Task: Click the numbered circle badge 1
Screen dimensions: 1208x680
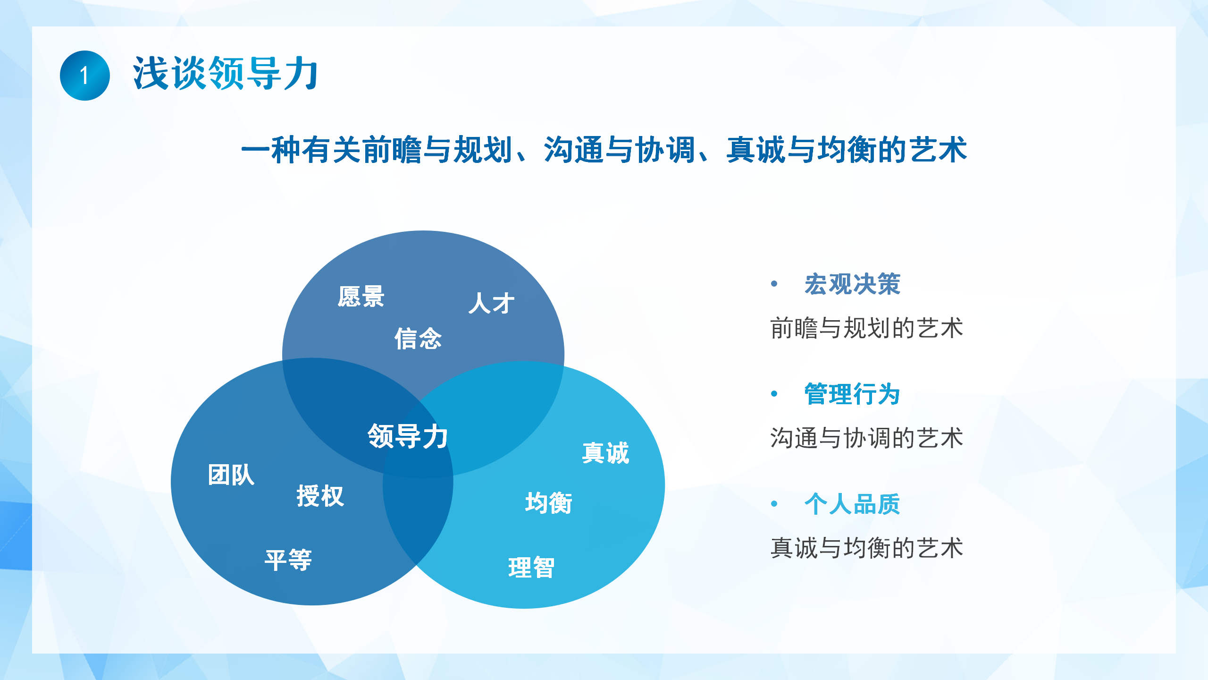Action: pos(85,76)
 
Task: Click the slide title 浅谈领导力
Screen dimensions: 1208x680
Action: pos(226,73)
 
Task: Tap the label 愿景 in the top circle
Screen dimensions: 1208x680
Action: pos(361,297)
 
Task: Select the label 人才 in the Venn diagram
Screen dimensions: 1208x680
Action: pos(491,303)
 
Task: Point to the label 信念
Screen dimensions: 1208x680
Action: pos(418,339)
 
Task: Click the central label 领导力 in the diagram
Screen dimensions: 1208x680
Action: pos(408,436)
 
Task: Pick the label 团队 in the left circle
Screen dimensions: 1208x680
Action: pos(231,475)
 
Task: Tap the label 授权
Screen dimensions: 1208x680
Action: pos(320,496)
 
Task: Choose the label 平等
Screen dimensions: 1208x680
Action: pos(288,561)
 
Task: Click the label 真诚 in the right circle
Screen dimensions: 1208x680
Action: pos(606,453)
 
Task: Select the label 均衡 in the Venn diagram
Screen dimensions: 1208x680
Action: pos(549,503)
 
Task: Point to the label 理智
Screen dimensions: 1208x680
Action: pos(531,568)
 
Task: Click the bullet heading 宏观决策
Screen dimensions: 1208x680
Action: pos(853,284)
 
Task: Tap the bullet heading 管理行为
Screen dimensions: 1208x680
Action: pos(853,394)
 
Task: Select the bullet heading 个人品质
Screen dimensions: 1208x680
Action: pos(853,504)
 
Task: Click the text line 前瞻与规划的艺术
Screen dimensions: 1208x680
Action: pos(867,328)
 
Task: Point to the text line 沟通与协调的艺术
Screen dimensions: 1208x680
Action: pos(867,438)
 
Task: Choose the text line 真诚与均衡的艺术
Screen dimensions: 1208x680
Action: pos(867,548)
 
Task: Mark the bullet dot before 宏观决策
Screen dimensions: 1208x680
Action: pos(774,284)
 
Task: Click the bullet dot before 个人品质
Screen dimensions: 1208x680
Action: pos(774,504)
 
